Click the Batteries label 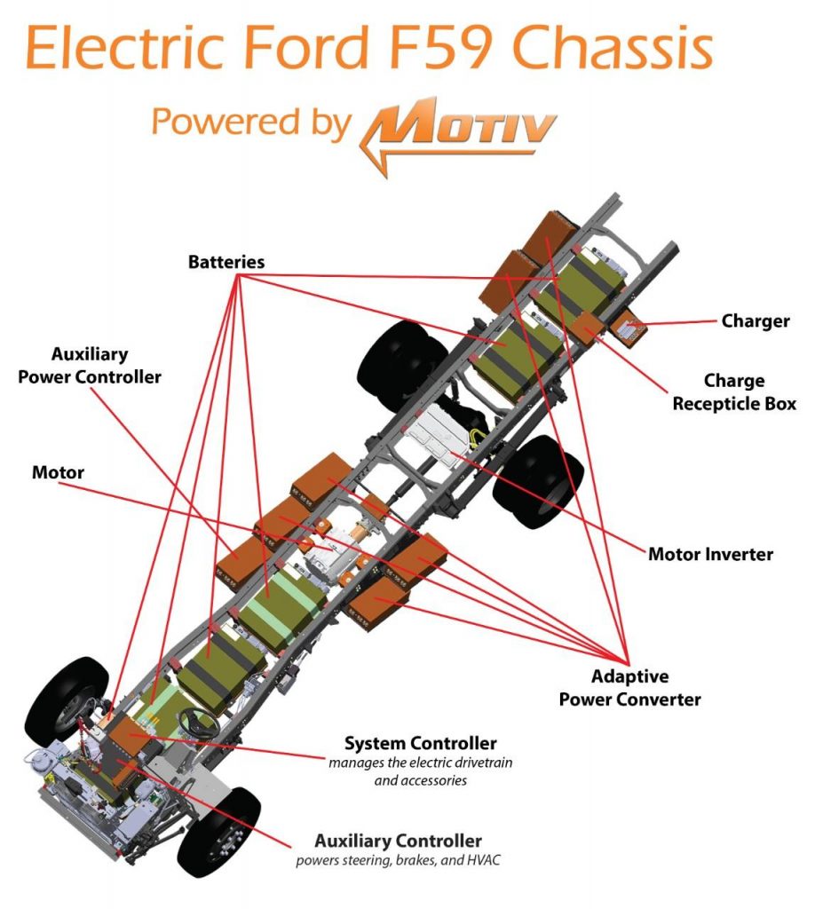pos(226,263)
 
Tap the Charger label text pos(755,321)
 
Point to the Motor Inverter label pos(710,555)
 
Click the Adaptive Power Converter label pos(629,688)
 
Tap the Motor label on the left pos(58,472)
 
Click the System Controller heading pos(420,743)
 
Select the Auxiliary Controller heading pos(398,841)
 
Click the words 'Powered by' pos(251,123)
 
